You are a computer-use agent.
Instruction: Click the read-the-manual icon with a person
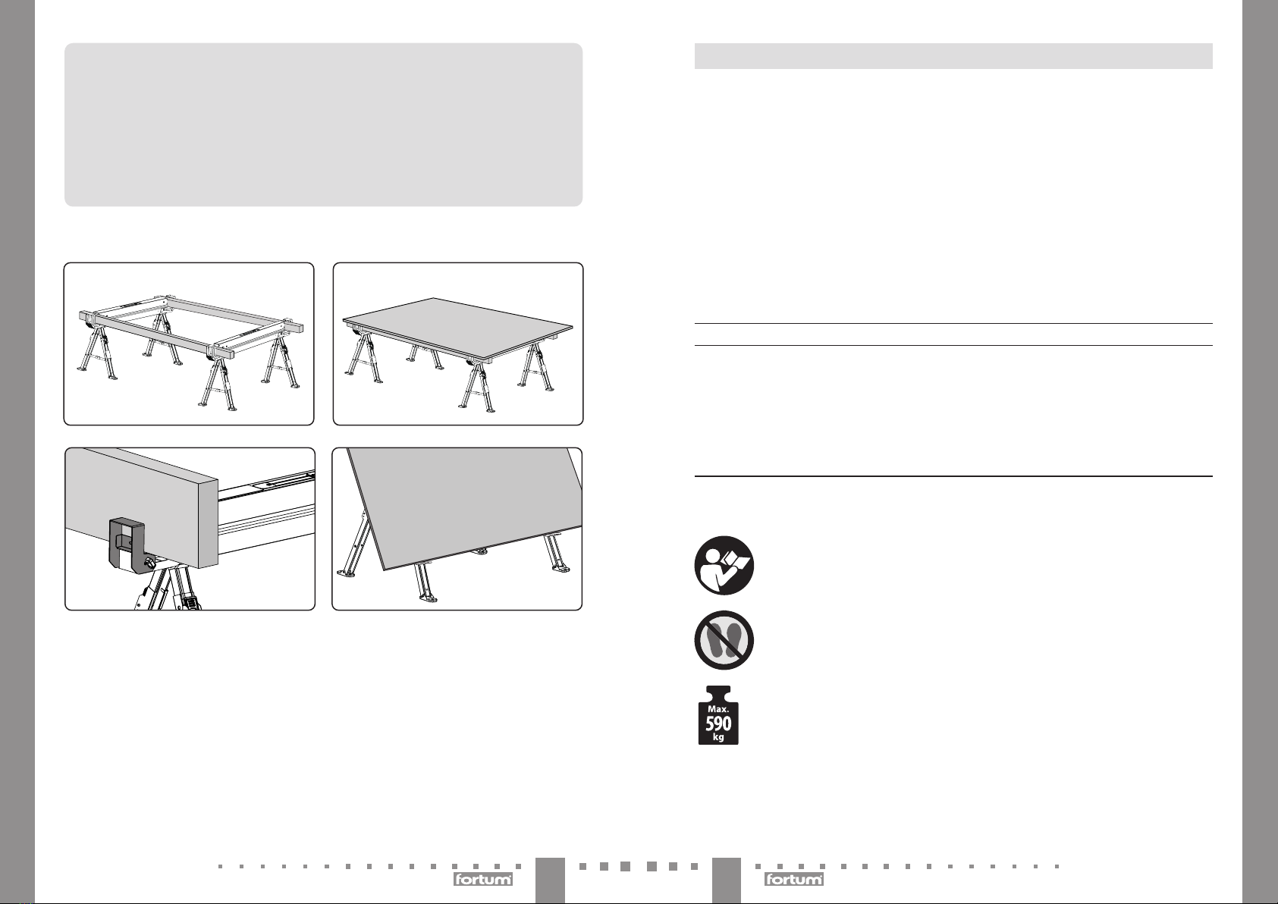coord(724,565)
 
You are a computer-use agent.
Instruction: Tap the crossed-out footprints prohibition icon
coord(724,640)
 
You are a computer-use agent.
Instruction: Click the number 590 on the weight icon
coord(718,724)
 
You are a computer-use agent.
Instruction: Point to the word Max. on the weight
coord(718,709)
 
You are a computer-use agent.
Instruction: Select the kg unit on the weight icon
coord(718,737)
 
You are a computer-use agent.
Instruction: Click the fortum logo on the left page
coord(483,879)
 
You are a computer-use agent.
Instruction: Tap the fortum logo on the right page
coord(793,879)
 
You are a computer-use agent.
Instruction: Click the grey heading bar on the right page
coord(953,56)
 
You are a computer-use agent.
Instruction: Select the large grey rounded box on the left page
coord(324,124)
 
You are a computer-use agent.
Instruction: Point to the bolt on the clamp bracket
coord(150,563)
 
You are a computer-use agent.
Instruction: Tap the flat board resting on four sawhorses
coord(457,328)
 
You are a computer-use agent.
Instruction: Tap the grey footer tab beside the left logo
coord(550,880)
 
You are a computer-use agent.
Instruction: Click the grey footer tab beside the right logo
coord(727,880)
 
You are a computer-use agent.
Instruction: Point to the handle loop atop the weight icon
coord(718,693)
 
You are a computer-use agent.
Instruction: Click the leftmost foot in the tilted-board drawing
coord(346,573)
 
